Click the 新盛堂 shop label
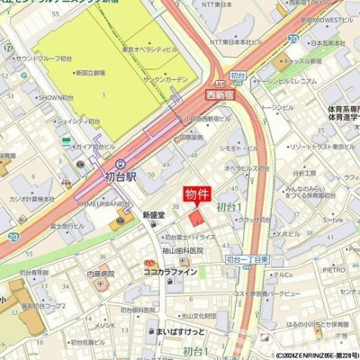(x=155, y=215)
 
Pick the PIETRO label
(x=334, y=268)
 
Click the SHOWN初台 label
(x=55, y=97)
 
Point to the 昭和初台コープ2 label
(x=45, y=306)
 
